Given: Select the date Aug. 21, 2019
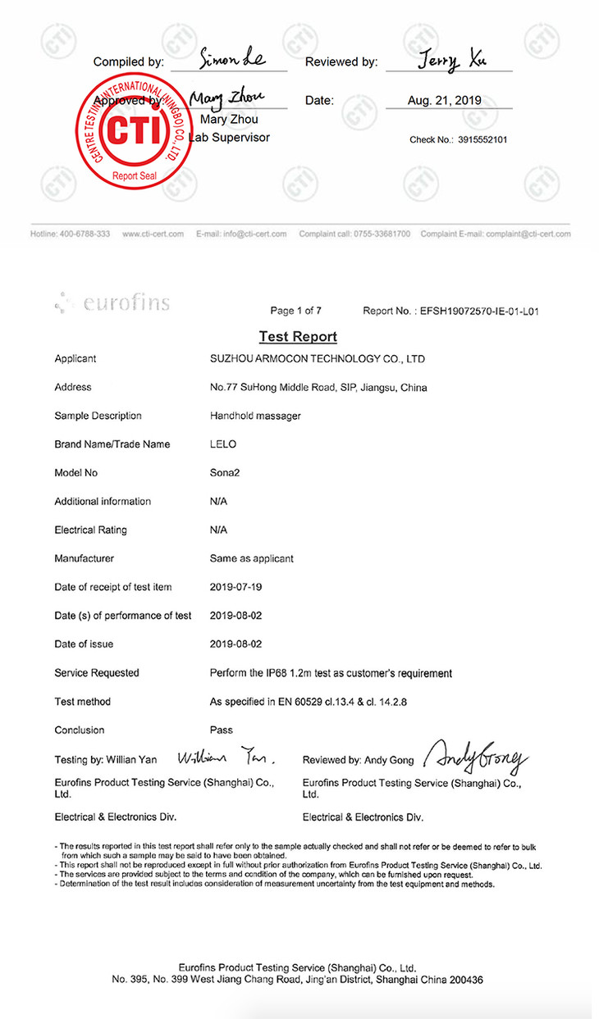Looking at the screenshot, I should (x=445, y=101).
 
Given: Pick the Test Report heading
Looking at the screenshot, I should (x=298, y=336).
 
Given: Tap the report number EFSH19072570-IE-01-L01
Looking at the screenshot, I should (x=478, y=311).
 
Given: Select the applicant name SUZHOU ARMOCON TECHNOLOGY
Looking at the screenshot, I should (x=318, y=359).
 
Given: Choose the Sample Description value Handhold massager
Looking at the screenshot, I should (x=255, y=416).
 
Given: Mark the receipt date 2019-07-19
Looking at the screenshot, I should (x=236, y=587).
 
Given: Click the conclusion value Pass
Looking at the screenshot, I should (x=222, y=730).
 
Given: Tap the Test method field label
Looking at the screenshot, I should (x=83, y=702).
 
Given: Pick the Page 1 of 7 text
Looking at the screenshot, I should (x=295, y=311).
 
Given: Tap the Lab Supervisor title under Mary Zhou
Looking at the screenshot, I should (x=230, y=138).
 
